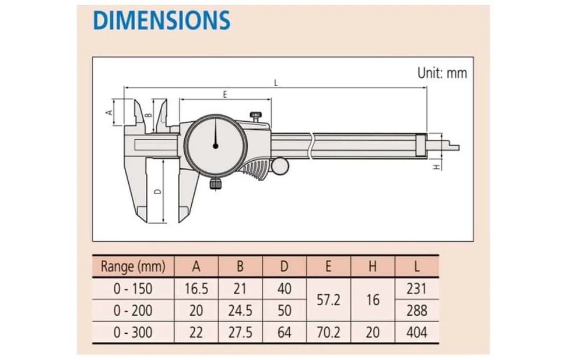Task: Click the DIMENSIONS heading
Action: click(161, 20)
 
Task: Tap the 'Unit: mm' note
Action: click(442, 73)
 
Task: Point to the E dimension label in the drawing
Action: click(224, 94)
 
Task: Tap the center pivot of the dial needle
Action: click(215, 146)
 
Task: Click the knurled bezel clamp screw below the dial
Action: click(215, 185)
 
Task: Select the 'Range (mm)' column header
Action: click(134, 267)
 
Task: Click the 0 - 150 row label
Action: click(134, 289)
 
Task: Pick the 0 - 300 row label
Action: click(134, 333)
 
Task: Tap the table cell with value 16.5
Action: click(196, 289)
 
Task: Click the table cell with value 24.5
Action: click(240, 310)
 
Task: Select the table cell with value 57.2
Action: click(328, 299)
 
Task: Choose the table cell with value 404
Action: click(416, 333)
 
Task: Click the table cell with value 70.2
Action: click(328, 333)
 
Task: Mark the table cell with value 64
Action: click(285, 333)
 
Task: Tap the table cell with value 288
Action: click(416, 310)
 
